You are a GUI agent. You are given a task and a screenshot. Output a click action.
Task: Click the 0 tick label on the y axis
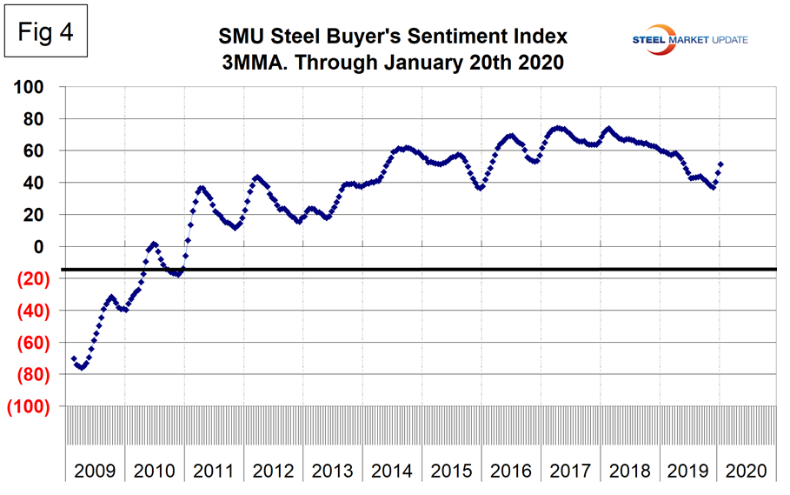(49, 247)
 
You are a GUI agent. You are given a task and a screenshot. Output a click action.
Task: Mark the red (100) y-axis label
(29, 407)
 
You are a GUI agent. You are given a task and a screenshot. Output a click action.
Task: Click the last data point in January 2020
(720, 164)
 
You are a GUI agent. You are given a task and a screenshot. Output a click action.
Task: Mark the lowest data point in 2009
(81, 367)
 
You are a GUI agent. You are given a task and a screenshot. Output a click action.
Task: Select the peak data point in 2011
(201, 187)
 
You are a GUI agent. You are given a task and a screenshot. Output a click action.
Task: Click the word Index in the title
(532, 37)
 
